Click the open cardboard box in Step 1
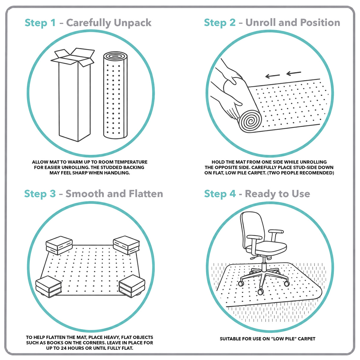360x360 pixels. pos(75,95)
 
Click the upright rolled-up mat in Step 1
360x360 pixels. pos(115,95)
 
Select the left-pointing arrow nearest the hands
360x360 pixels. pos(272,76)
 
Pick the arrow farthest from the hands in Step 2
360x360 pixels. pos(294,73)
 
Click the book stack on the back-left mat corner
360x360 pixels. pos(59,245)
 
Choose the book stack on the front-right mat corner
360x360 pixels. pos(132,286)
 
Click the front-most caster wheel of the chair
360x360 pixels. pos(260,291)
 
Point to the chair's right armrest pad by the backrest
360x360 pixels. pos(276,232)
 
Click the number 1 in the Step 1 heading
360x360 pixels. pos(53,22)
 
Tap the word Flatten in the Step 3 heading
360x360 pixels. pos(146,193)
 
